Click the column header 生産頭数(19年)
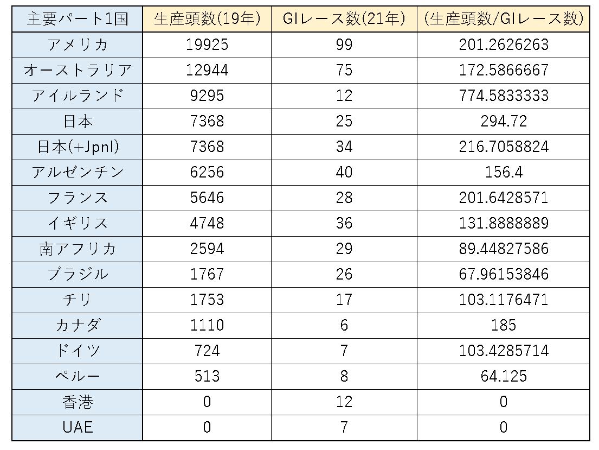(x=207, y=19)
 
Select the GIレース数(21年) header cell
(x=344, y=19)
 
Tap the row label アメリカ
(x=78, y=45)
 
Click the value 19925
(x=207, y=45)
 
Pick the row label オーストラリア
(x=78, y=70)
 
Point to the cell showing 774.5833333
(x=503, y=96)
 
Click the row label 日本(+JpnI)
(x=78, y=147)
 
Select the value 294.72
(x=503, y=121)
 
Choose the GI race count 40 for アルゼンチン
(x=344, y=172)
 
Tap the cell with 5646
(x=207, y=198)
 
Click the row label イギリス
(x=78, y=223)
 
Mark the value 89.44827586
(x=503, y=249)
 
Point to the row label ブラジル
(x=78, y=274)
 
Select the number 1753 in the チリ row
(x=207, y=300)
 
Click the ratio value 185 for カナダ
(x=503, y=325)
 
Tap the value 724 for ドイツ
(x=207, y=351)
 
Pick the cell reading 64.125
(x=503, y=376)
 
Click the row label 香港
(x=78, y=402)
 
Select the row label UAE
(x=78, y=427)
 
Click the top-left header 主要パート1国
(x=78, y=19)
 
